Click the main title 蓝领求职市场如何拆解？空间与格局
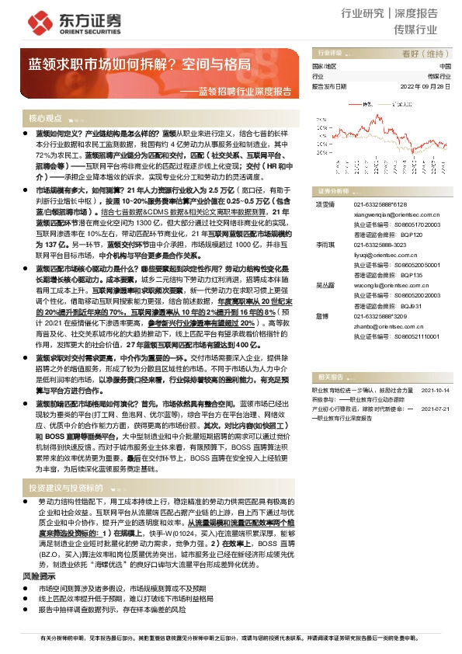coord(140,64)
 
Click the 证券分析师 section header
coord(333,190)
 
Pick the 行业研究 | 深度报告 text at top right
coord(389,14)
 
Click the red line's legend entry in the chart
coord(365,103)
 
